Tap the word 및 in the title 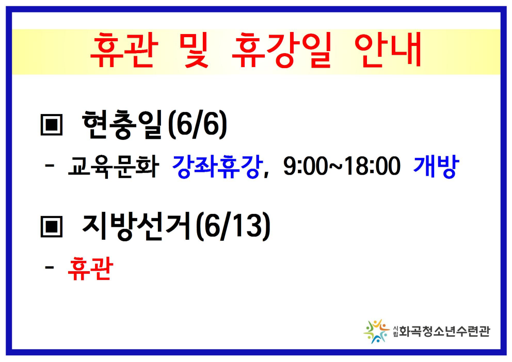point(194,50)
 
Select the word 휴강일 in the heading point(281,50)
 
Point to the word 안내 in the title point(388,50)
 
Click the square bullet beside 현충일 point(51,125)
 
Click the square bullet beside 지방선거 point(51,226)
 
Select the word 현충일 point(123,125)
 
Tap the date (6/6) point(197,125)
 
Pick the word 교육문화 point(114,167)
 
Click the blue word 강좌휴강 point(217,167)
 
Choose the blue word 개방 point(436,167)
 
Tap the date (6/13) point(233,226)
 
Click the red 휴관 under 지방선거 point(90,268)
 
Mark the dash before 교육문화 point(50,166)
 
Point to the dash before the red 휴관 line point(50,268)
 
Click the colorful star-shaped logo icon point(376,332)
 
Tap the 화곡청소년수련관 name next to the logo point(444,332)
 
